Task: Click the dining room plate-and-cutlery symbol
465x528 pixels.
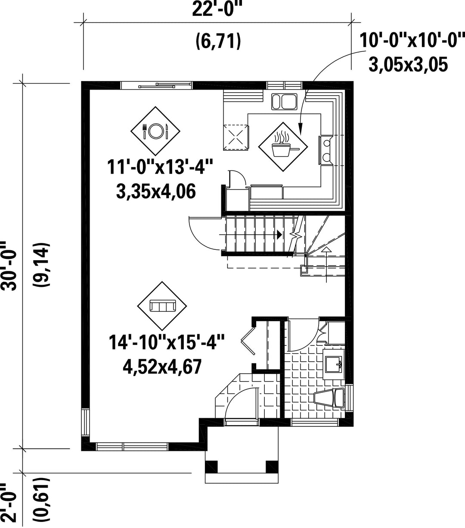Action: (x=155, y=131)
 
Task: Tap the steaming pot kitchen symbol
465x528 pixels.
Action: (x=283, y=147)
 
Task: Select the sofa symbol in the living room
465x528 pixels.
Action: (x=162, y=306)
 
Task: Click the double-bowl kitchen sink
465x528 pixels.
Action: (x=284, y=102)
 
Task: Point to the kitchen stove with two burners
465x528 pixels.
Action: (x=326, y=150)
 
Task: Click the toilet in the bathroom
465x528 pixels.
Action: (x=329, y=398)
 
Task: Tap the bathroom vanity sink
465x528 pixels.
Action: (x=334, y=364)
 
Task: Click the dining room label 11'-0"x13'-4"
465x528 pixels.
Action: (x=160, y=167)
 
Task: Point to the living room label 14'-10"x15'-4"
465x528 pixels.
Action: (x=166, y=342)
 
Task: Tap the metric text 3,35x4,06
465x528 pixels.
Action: (x=156, y=192)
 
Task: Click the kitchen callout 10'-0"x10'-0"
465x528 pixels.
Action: (x=412, y=40)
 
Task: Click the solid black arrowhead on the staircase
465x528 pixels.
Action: (x=279, y=235)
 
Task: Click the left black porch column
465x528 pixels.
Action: (x=211, y=467)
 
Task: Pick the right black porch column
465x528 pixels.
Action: (x=272, y=467)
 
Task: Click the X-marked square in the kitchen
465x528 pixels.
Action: (x=236, y=138)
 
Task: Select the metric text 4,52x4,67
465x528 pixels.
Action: (x=162, y=366)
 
